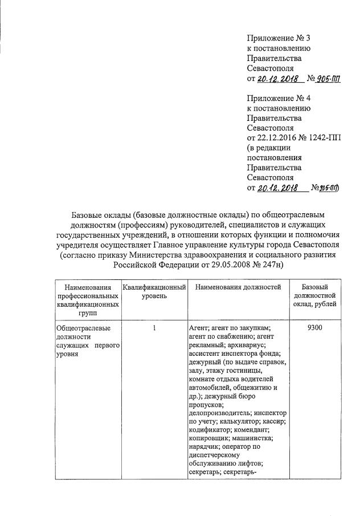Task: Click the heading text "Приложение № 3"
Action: coord(278,38)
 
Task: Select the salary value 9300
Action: coord(316,328)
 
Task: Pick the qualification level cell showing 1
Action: coord(154,328)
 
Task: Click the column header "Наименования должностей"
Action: coord(238,287)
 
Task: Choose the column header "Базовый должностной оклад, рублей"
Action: coord(316,295)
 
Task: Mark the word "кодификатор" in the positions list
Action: coord(209,429)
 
